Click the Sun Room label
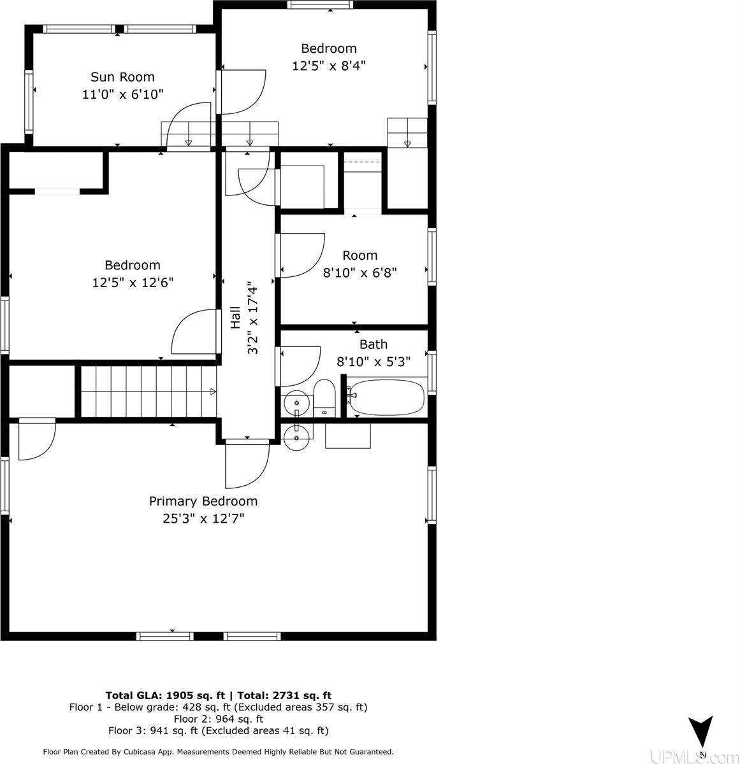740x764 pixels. click(x=122, y=77)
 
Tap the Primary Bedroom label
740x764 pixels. click(x=203, y=501)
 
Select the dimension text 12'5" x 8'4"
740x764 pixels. click(x=329, y=65)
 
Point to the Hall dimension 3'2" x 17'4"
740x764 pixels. click(x=253, y=318)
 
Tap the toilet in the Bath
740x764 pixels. click(x=324, y=397)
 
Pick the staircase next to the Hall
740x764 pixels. click(x=147, y=392)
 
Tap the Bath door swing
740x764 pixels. click(x=298, y=366)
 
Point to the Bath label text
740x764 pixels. click(x=373, y=344)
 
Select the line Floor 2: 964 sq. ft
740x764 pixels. click(x=218, y=719)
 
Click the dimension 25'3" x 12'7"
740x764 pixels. click(x=203, y=518)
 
